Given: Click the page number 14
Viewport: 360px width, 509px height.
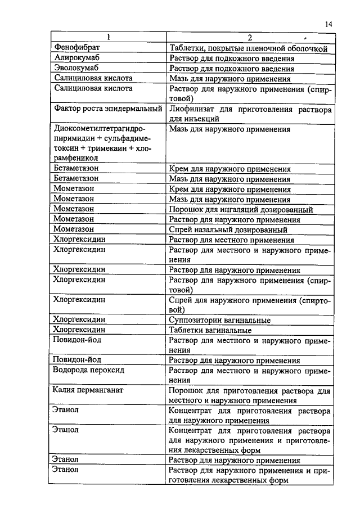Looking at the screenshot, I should tap(329, 24).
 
